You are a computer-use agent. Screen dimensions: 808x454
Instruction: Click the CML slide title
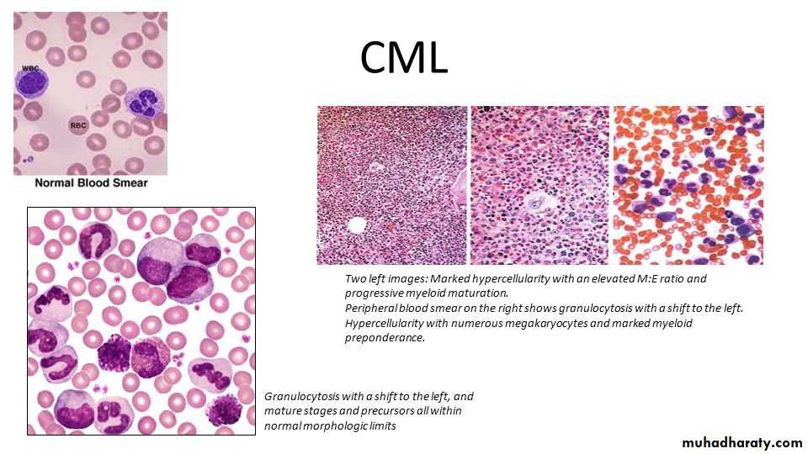[403, 57]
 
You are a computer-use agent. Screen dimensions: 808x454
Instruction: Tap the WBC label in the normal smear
[30, 68]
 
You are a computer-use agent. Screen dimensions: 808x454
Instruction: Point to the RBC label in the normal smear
[78, 125]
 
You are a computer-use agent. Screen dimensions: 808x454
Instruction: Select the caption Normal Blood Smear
[91, 182]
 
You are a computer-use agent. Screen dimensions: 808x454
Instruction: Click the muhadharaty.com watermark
[742, 443]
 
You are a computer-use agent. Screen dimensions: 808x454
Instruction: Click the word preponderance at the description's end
[385, 338]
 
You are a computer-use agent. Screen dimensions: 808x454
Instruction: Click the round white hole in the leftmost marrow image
[357, 225]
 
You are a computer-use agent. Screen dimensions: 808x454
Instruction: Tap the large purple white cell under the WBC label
[31, 83]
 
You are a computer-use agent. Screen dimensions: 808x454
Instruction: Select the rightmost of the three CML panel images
[688, 185]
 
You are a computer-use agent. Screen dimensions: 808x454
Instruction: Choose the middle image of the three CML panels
[540, 185]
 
